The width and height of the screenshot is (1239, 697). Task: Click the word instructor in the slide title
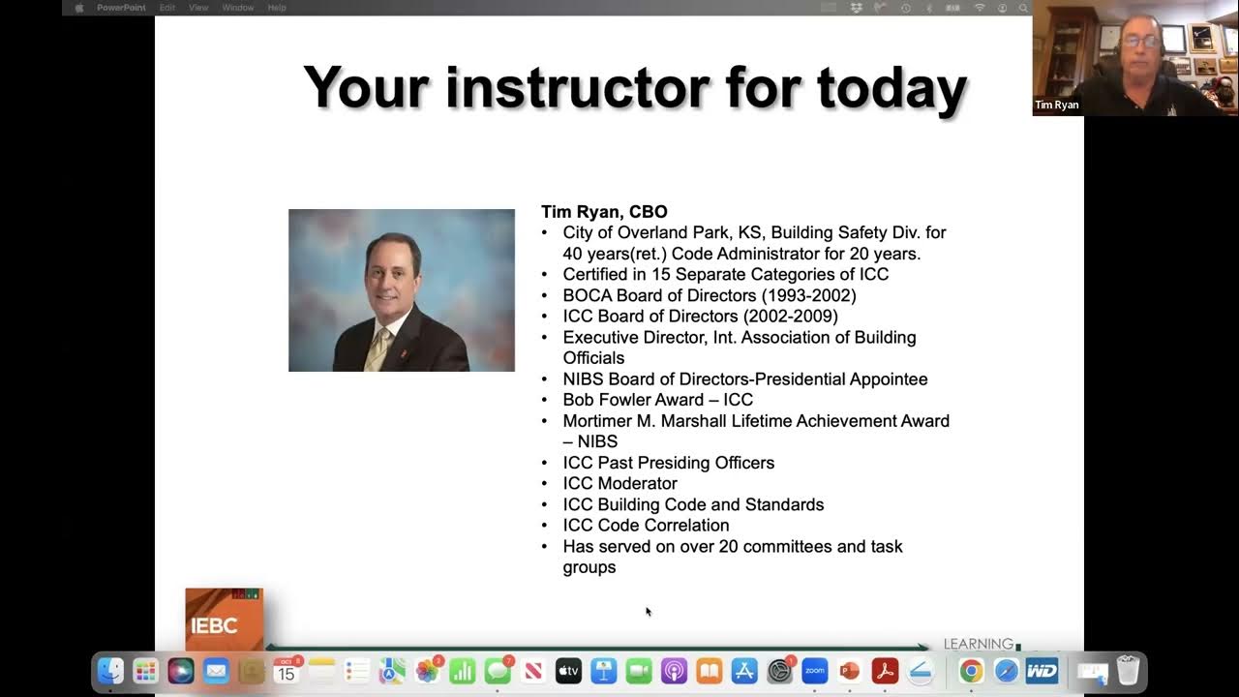[577, 87]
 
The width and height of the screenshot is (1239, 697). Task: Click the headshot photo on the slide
[401, 289]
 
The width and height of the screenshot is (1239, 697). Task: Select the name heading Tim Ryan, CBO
[604, 212]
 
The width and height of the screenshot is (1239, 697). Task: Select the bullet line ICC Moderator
[619, 483]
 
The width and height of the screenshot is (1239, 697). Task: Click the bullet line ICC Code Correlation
[646, 525]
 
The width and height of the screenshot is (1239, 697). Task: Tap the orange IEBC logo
[224, 620]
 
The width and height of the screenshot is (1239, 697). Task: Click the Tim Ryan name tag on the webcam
[1056, 105]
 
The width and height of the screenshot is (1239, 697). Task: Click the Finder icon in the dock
[110, 671]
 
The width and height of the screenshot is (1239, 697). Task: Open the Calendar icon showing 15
[287, 671]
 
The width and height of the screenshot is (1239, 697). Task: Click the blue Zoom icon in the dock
[814, 671]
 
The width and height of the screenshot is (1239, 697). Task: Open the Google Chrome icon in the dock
[971, 671]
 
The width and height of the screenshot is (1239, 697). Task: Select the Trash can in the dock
[1128, 671]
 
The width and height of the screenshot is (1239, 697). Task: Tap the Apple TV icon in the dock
[568, 671]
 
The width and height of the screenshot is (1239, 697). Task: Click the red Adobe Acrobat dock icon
[885, 671]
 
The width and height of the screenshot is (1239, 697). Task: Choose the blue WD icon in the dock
[1042, 671]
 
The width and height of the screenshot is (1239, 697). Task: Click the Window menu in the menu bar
[237, 8]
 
